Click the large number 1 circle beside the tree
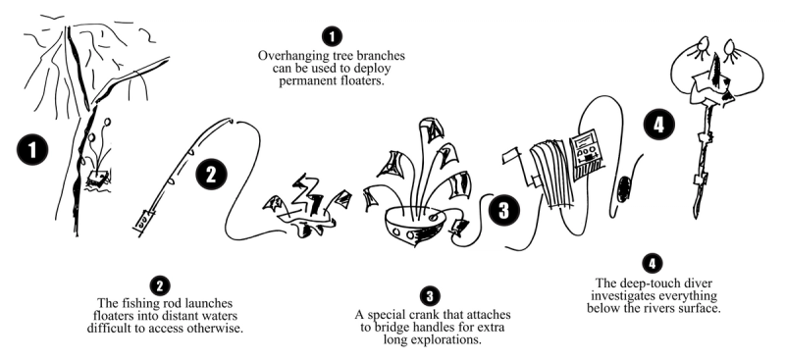[32, 151]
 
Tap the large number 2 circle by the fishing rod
[211, 175]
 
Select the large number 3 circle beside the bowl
[503, 210]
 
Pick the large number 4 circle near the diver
[658, 125]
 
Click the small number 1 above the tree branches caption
[332, 36]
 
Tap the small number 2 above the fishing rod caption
[160, 285]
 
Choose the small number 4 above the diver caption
[652, 263]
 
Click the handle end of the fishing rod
[143, 222]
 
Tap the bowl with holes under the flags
[414, 227]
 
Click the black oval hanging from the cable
[623, 188]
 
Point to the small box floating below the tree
[97, 178]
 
